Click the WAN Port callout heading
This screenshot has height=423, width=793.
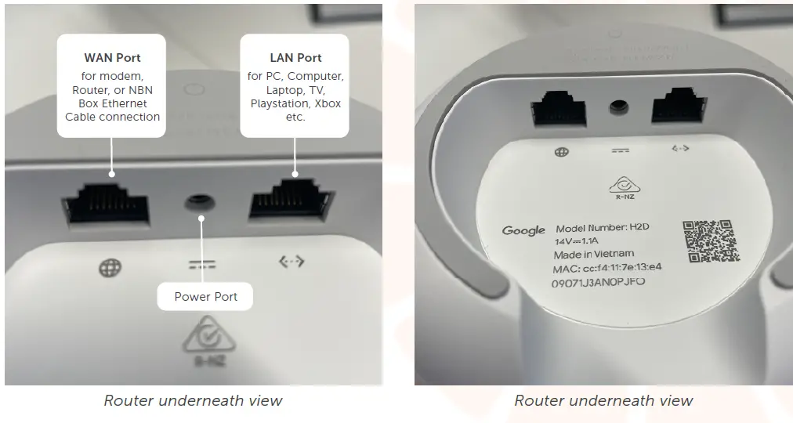pos(112,57)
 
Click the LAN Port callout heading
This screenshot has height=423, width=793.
pos(295,57)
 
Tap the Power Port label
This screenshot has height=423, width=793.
pos(205,296)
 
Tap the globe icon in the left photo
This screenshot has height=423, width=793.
pos(110,267)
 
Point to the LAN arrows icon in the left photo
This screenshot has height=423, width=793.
pos(291,262)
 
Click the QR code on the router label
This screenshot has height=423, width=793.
pos(710,240)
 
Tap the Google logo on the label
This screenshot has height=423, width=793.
pos(523,230)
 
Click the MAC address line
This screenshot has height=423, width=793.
pos(608,267)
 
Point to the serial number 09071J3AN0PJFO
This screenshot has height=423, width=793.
pos(598,282)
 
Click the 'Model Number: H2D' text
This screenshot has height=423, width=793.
pos(603,227)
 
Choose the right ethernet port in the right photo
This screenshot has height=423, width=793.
pos(675,109)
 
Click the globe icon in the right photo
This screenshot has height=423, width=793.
pos(561,152)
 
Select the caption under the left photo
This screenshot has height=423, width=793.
pos(193,400)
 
